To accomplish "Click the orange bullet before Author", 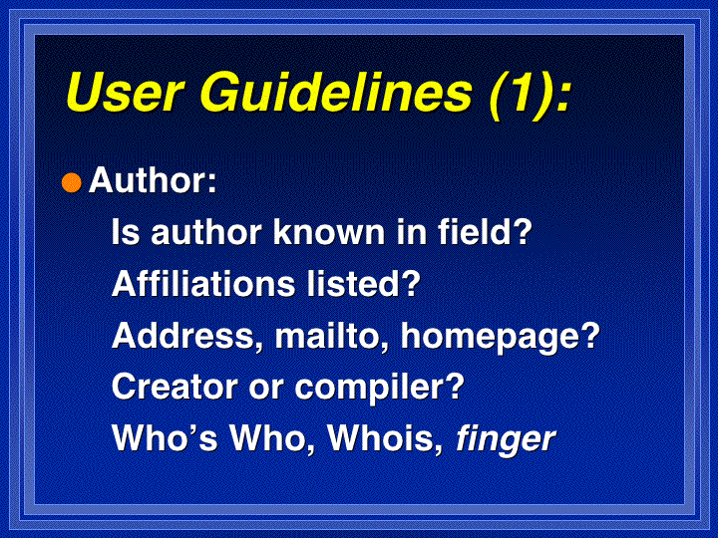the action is point(72,183).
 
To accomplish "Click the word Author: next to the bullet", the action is point(153,180).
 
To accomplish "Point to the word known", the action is point(329,231).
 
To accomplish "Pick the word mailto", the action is point(332,337).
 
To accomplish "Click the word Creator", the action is point(175,387).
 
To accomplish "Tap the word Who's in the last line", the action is point(165,438).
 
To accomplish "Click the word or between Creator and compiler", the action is point(265,390).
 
